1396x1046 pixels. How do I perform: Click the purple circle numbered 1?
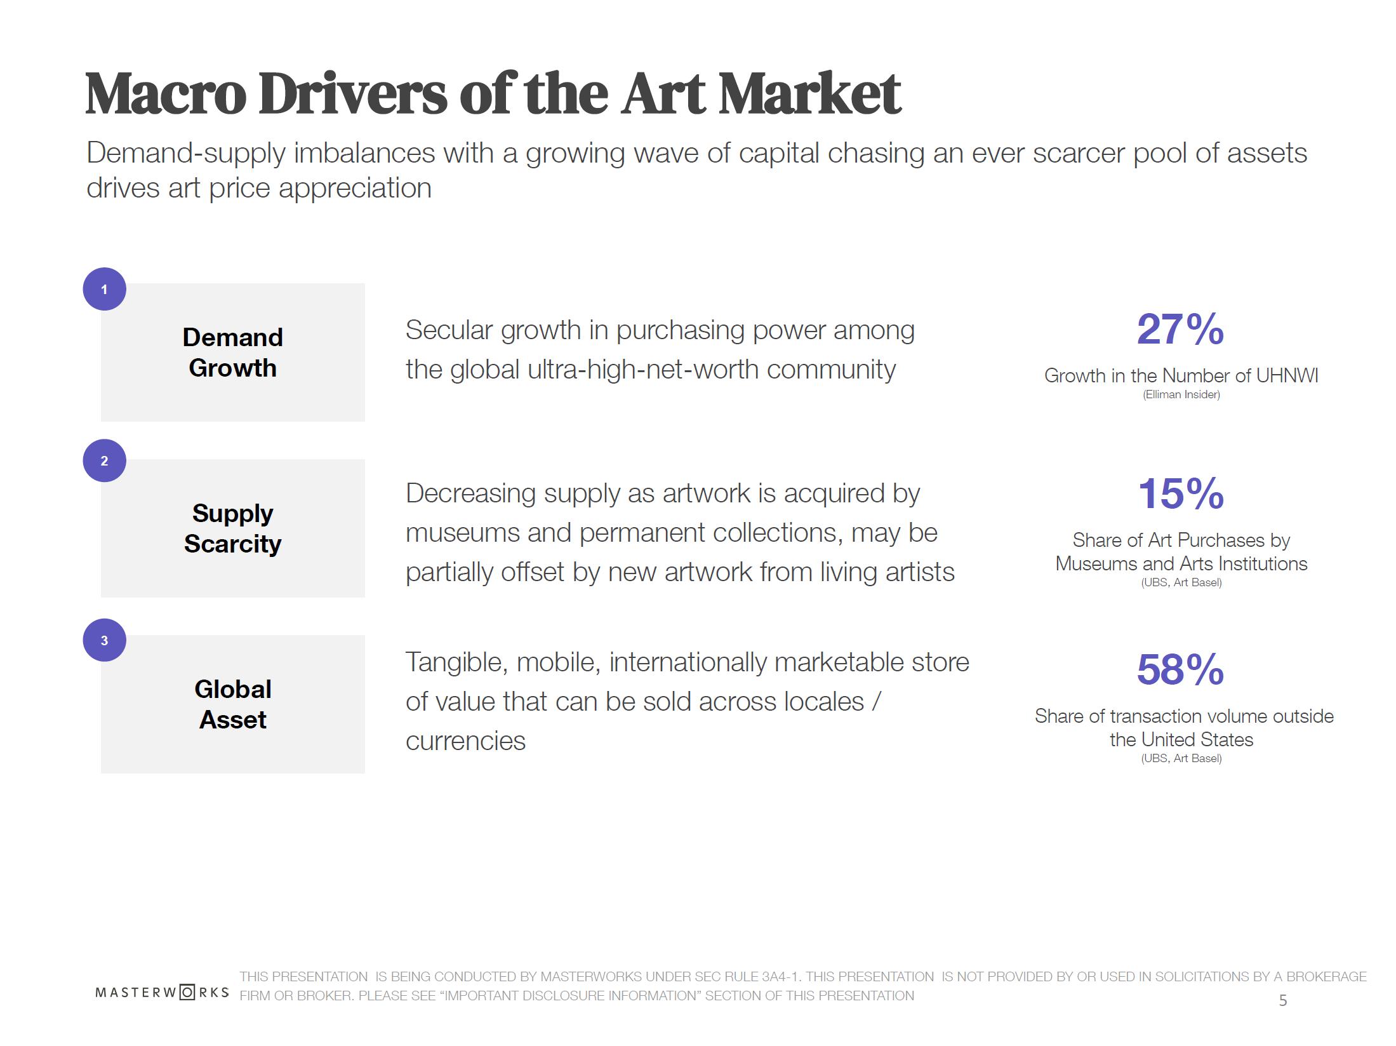pyautogui.click(x=104, y=289)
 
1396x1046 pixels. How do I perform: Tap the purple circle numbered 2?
pyautogui.click(x=104, y=460)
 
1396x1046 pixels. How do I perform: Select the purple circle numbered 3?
pyautogui.click(x=104, y=640)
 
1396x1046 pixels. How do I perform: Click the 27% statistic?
pyautogui.click(x=1180, y=330)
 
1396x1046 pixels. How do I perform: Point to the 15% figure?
pyautogui.click(x=1180, y=493)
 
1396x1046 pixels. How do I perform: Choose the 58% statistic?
pyautogui.click(x=1180, y=669)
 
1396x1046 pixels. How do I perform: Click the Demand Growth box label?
pyautogui.click(x=232, y=352)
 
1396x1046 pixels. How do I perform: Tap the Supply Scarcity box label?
pyautogui.click(x=232, y=528)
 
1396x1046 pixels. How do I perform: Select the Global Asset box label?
pyautogui.click(x=232, y=704)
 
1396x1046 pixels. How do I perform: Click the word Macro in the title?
pyautogui.click(x=166, y=94)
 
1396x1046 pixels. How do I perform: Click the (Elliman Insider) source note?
pyautogui.click(x=1181, y=394)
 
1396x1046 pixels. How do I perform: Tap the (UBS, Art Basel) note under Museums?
pyautogui.click(x=1181, y=582)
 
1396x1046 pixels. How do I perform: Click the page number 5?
pyautogui.click(x=1282, y=1001)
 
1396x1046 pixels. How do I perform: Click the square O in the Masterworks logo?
pyautogui.click(x=187, y=992)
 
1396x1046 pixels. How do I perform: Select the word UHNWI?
pyautogui.click(x=1287, y=375)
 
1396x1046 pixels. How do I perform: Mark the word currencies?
pyautogui.click(x=465, y=741)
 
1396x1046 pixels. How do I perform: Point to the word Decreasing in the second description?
pyautogui.click(x=470, y=493)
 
